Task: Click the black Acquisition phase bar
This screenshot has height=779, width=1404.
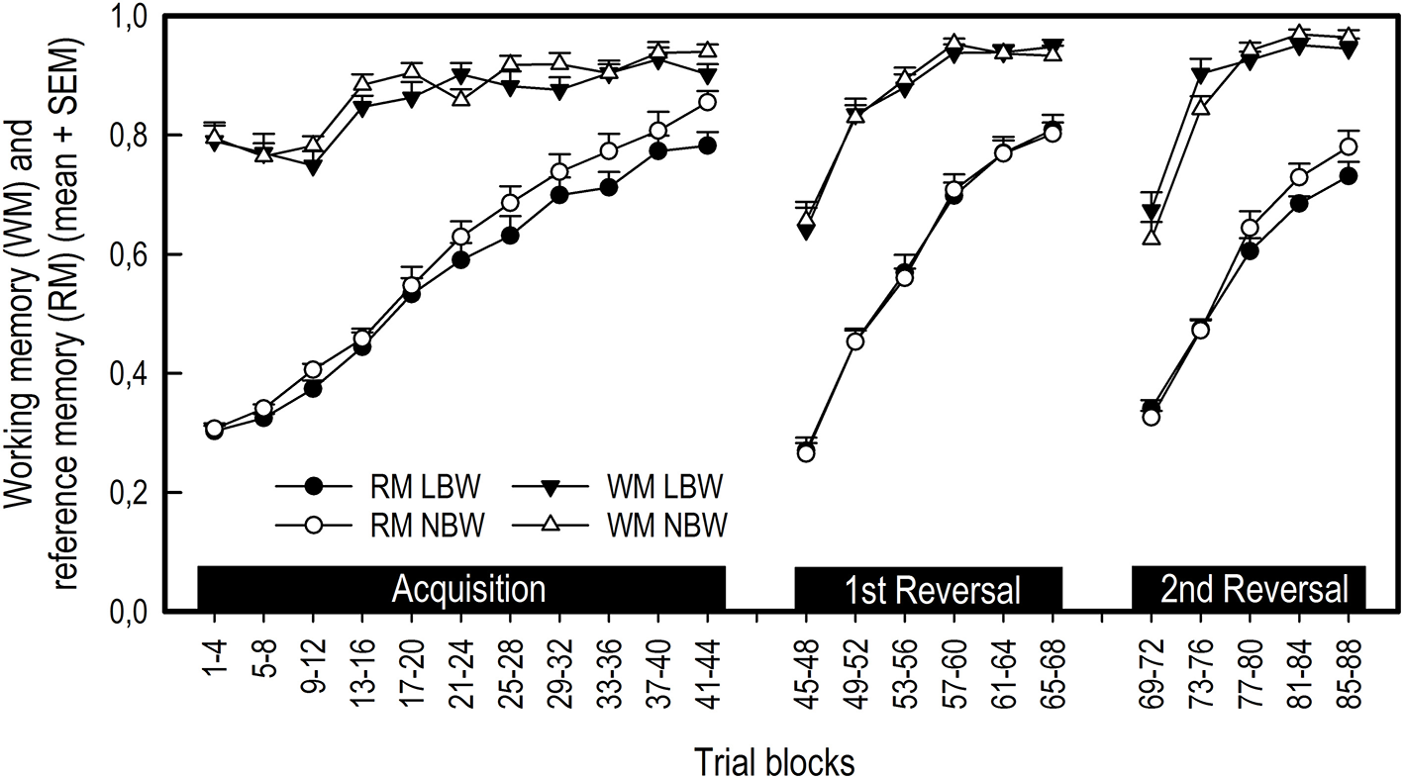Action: [x=461, y=589]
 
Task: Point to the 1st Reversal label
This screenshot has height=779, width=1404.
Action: [x=928, y=590]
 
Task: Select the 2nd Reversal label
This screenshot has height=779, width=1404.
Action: [x=1249, y=590]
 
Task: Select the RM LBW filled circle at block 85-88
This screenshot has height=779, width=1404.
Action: [x=1348, y=176]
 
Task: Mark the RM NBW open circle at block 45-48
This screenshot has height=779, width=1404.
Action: [x=806, y=453]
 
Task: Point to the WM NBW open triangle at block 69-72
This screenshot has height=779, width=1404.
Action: [x=1151, y=236]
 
